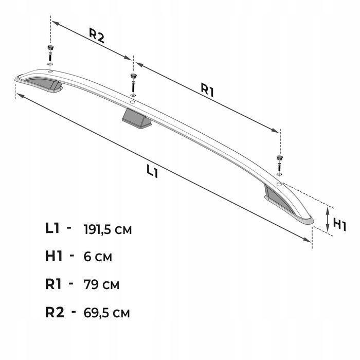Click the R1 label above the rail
207,90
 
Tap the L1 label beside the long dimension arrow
152,171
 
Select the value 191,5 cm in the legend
107,229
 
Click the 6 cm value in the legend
98,257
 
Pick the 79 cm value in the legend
101,284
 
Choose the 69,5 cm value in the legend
106,313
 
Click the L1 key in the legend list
52,228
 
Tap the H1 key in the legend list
54,256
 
